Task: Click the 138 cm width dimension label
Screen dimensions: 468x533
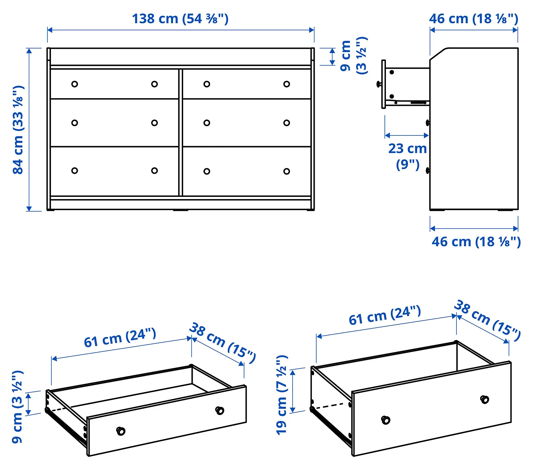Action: point(180,19)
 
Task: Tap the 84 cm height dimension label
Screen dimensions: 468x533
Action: point(18,130)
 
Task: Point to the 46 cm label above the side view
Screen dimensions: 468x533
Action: point(474,19)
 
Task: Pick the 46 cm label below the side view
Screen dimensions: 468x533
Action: point(476,242)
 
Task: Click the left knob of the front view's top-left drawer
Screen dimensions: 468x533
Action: point(75,84)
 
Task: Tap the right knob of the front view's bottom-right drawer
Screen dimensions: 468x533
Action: point(286,171)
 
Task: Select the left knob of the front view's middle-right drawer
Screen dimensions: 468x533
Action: point(207,123)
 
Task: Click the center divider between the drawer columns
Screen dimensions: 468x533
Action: point(181,133)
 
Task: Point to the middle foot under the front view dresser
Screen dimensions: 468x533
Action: point(181,210)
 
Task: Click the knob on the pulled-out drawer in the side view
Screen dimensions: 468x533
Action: point(379,84)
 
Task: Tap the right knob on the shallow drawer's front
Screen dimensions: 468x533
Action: point(220,410)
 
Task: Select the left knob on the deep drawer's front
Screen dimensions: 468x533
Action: point(386,420)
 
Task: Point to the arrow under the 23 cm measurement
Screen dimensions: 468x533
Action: point(407,135)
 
